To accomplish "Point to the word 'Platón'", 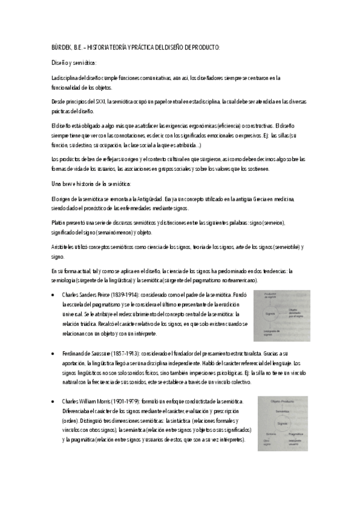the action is [x=59, y=223].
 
